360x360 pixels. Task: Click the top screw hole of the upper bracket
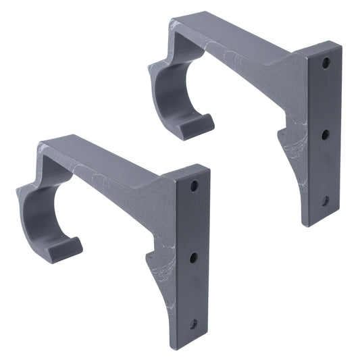326,63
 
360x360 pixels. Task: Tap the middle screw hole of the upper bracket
325,134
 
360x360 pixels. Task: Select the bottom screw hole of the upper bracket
325,201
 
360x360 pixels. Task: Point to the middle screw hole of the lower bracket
193,257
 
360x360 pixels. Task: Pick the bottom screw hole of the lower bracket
193,324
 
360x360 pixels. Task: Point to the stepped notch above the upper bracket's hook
162,61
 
